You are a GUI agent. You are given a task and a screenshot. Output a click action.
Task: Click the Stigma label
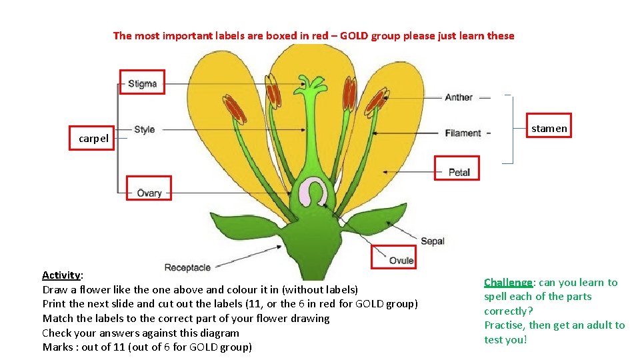click(x=142, y=84)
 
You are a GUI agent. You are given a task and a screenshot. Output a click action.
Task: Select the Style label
click(x=144, y=129)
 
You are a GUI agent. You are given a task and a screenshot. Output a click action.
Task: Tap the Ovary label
click(x=149, y=193)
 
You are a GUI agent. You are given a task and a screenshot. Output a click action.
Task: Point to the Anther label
click(x=459, y=97)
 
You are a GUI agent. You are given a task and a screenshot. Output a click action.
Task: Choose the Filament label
click(x=463, y=133)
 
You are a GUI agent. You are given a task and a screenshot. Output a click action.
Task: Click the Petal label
click(x=459, y=172)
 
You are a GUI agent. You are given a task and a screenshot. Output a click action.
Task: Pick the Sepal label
click(x=433, y=241)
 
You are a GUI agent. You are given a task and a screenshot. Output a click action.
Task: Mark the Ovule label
click(x=401, y=261)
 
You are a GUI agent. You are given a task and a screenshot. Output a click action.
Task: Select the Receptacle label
click(x=187, y=267)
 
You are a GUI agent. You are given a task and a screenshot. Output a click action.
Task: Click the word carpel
click(x=93, y=139)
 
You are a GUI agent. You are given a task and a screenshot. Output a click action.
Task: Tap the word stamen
click(x=549, y=128)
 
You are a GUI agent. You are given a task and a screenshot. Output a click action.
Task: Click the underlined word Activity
click(x=61, y=275)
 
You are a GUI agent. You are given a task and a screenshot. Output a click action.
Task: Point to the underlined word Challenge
click(x=508, y=283)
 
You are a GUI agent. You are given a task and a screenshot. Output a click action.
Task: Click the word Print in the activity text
click(x=55, y=304)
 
